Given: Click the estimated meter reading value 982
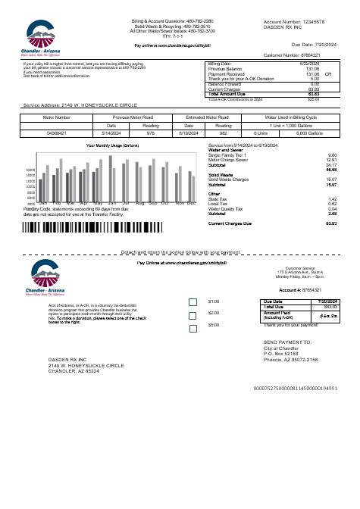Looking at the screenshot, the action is click(x=223, y=133).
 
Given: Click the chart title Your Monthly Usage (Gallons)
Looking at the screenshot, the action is click(x=113, y=145).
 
